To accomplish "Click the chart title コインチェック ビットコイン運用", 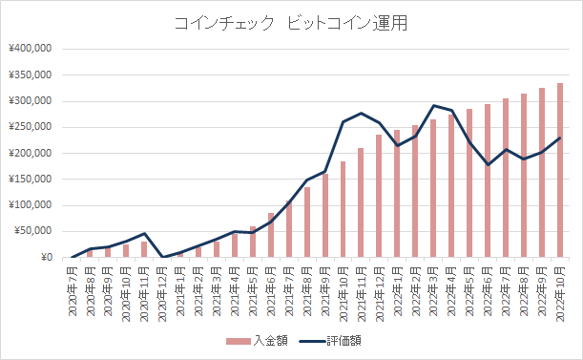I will click(x=290, y=24).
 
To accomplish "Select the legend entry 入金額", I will click(x=253, y=341).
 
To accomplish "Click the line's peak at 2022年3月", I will click(x=434, y=106).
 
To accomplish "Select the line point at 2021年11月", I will click(x=362, y=113).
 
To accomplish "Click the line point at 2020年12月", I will click(x=162, y=257).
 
